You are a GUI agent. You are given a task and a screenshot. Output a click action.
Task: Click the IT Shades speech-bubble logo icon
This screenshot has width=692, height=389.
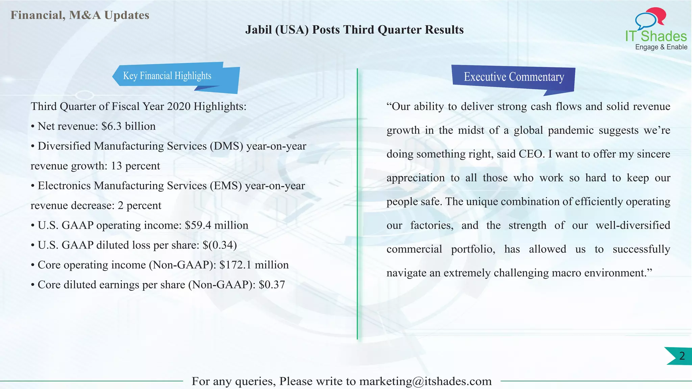point(650,18)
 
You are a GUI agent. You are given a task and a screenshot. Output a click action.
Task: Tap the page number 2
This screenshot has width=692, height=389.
point(682,356)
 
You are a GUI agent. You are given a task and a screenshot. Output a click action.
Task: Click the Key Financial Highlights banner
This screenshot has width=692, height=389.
point(167,76)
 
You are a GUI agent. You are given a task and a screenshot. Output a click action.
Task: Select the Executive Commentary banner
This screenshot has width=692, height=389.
point(514,77)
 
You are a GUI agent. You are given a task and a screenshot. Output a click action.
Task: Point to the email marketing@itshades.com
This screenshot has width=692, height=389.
point(425,381)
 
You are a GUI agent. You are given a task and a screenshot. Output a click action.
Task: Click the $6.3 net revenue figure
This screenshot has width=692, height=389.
point(112,126)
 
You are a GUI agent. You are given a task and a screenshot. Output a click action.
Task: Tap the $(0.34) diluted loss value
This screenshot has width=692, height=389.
point(220,245)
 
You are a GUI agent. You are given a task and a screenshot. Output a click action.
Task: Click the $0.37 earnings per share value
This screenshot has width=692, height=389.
point(272,285)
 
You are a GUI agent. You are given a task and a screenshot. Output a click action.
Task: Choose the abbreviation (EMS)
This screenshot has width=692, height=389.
point(225,186)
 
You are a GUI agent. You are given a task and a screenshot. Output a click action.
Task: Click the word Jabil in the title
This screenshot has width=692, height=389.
point(258,30)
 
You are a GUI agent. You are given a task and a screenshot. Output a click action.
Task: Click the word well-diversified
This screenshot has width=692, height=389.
point(633,225)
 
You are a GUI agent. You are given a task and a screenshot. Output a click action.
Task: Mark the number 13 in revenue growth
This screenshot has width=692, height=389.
point(116,166)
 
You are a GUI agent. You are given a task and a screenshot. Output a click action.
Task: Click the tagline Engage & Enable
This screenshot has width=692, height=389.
point(661,47)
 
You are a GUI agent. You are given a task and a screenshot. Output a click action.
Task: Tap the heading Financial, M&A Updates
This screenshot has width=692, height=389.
point(80,15)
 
